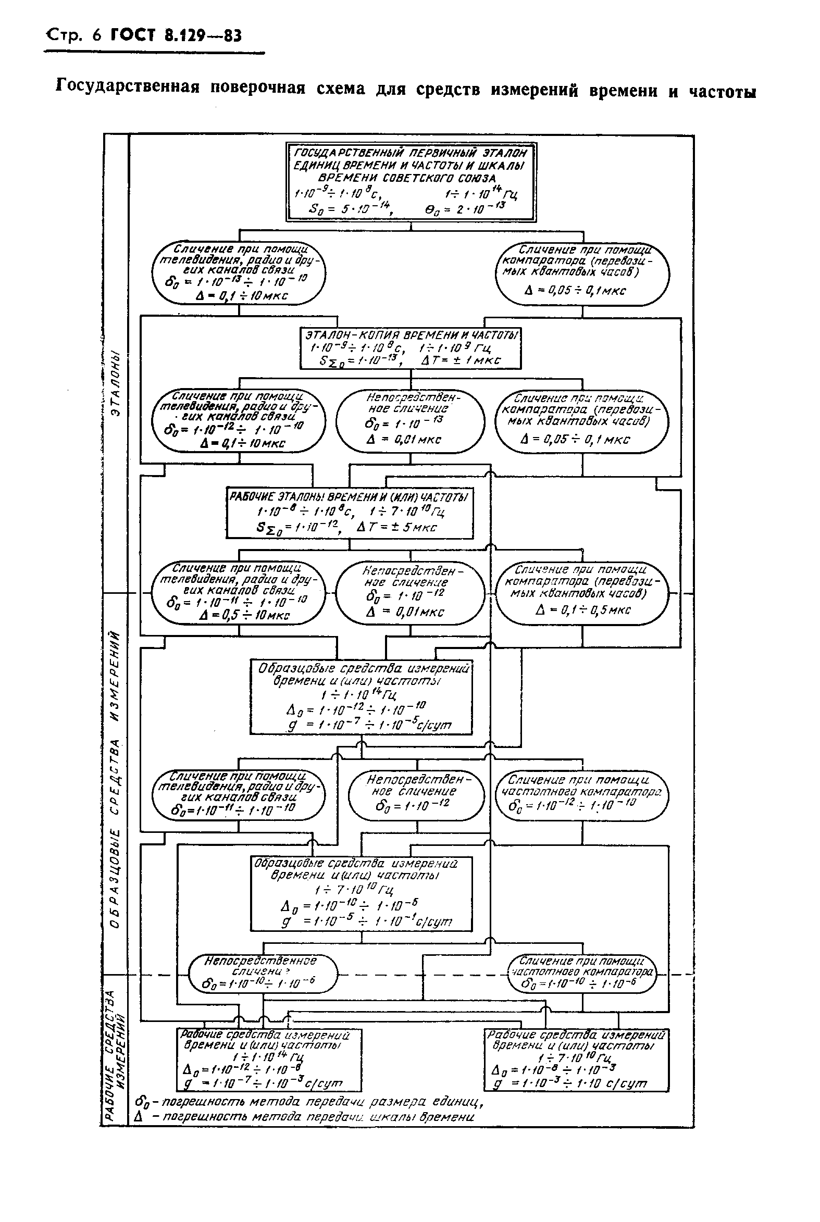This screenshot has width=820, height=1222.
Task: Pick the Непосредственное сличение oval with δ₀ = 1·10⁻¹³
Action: click(x=410, y=421)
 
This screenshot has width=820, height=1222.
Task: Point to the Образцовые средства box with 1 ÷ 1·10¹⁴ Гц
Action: click(x=361, y=697)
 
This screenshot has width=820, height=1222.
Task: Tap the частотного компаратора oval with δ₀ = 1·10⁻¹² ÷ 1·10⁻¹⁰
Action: click(x=582, y=794)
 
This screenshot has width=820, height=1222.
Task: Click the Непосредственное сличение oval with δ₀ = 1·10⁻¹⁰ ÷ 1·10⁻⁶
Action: click(x=263, y=974)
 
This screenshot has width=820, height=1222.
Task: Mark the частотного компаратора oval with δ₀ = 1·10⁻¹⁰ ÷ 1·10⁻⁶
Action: click(x=582, y=974)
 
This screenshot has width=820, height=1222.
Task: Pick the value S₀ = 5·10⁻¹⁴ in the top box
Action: click(x=352, y=210)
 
